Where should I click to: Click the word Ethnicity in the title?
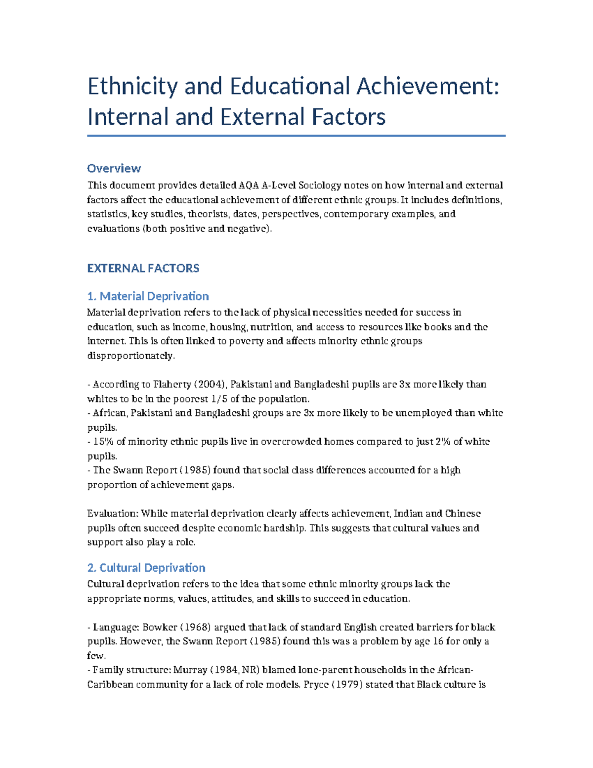tap(132, 87)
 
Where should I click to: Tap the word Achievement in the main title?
tap(427, 87)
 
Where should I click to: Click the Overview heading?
tap(114, 168)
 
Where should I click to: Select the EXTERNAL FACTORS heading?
tap(143, 268)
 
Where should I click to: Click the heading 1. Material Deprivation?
tap(148, 296)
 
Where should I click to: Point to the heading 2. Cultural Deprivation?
tap(146, 568)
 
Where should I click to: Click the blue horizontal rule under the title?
tap(296, 136)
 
